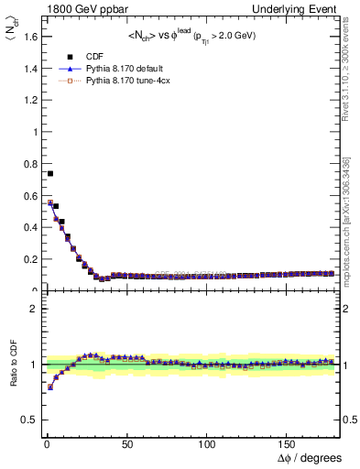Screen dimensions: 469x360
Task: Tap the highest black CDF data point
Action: click(50, 173)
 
